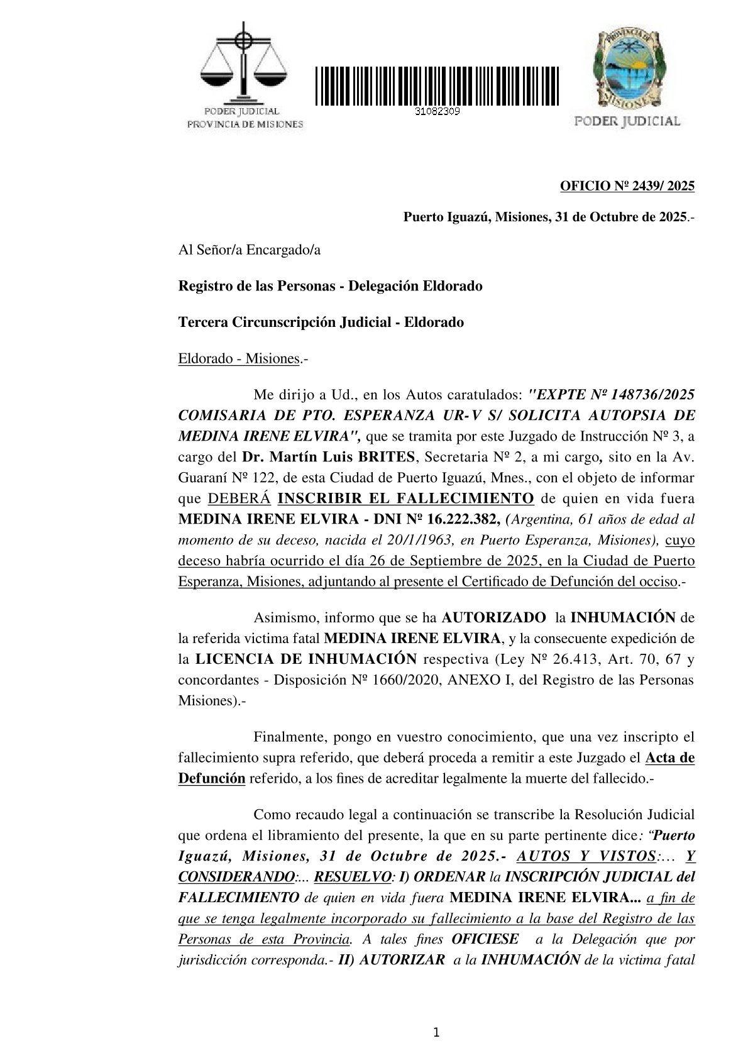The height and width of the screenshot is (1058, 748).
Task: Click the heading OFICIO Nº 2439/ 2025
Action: point(627,185)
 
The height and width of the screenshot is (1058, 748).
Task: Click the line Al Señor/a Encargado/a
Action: point(250,250)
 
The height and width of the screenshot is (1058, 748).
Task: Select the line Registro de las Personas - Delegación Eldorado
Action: point(331,286)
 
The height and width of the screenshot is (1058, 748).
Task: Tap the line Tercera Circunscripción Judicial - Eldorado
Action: point(321,322)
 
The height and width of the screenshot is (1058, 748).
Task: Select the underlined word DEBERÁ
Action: point(239,499)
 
